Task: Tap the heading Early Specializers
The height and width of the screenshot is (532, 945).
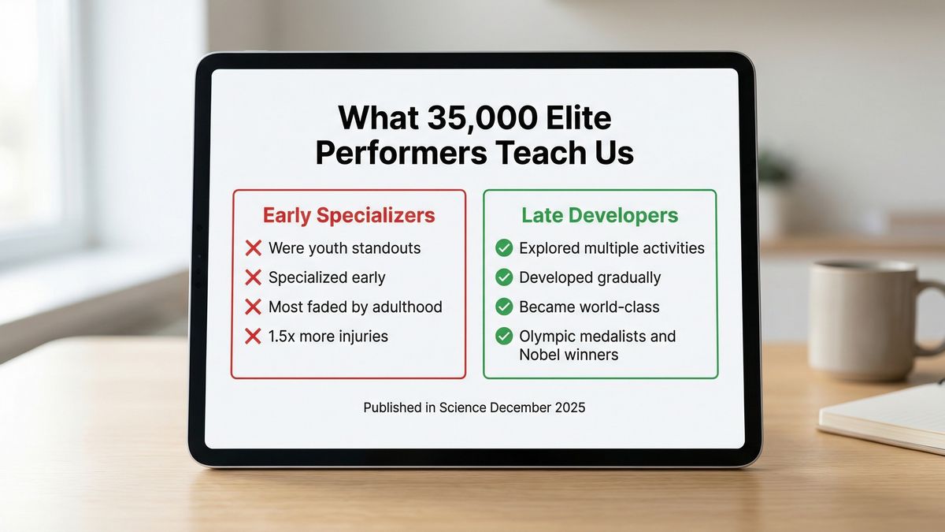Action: click(x=348, y=215)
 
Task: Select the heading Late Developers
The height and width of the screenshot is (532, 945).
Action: click(x=599, y=215)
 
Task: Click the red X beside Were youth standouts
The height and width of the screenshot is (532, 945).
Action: click(x=253, y=248)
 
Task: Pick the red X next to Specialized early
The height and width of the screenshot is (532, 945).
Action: click(x=253, y=277)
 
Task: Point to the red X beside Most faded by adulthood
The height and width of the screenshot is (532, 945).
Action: click(x=253, y=307)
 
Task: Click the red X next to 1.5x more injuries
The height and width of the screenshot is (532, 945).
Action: click(x=253, y=337)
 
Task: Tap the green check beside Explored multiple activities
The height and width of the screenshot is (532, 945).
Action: click(x=504, y=248)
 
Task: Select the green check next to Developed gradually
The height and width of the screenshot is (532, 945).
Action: click(x=504, y=277)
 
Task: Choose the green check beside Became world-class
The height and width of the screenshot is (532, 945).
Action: click(x=504, y=307)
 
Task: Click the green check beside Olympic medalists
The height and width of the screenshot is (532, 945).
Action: click(x=504, y=337)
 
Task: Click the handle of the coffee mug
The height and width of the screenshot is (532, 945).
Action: click(x=934, y=315)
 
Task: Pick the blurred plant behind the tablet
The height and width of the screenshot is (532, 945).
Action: click(x=773, y=169)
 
